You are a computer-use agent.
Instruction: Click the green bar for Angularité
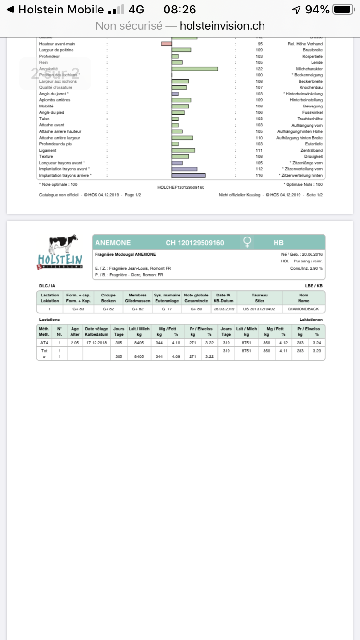point(195,69)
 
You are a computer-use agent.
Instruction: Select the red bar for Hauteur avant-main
point(167,44)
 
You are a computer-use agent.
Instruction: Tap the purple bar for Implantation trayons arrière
point(189,176)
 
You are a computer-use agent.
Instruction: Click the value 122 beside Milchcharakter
point(259,69)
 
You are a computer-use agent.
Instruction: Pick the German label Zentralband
point(312,151)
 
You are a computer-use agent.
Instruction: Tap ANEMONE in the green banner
point(113,243)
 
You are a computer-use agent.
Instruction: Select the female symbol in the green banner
point(247,243)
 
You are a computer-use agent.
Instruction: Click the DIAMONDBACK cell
point(304,309)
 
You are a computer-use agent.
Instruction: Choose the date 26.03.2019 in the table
point(224,309)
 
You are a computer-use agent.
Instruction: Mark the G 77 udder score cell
point(167,309)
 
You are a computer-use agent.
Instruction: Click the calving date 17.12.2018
point(96,343)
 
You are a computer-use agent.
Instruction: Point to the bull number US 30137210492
point(259,309)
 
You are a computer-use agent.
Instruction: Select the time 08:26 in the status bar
point(180,10)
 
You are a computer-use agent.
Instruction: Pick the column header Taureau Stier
point(259,298)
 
